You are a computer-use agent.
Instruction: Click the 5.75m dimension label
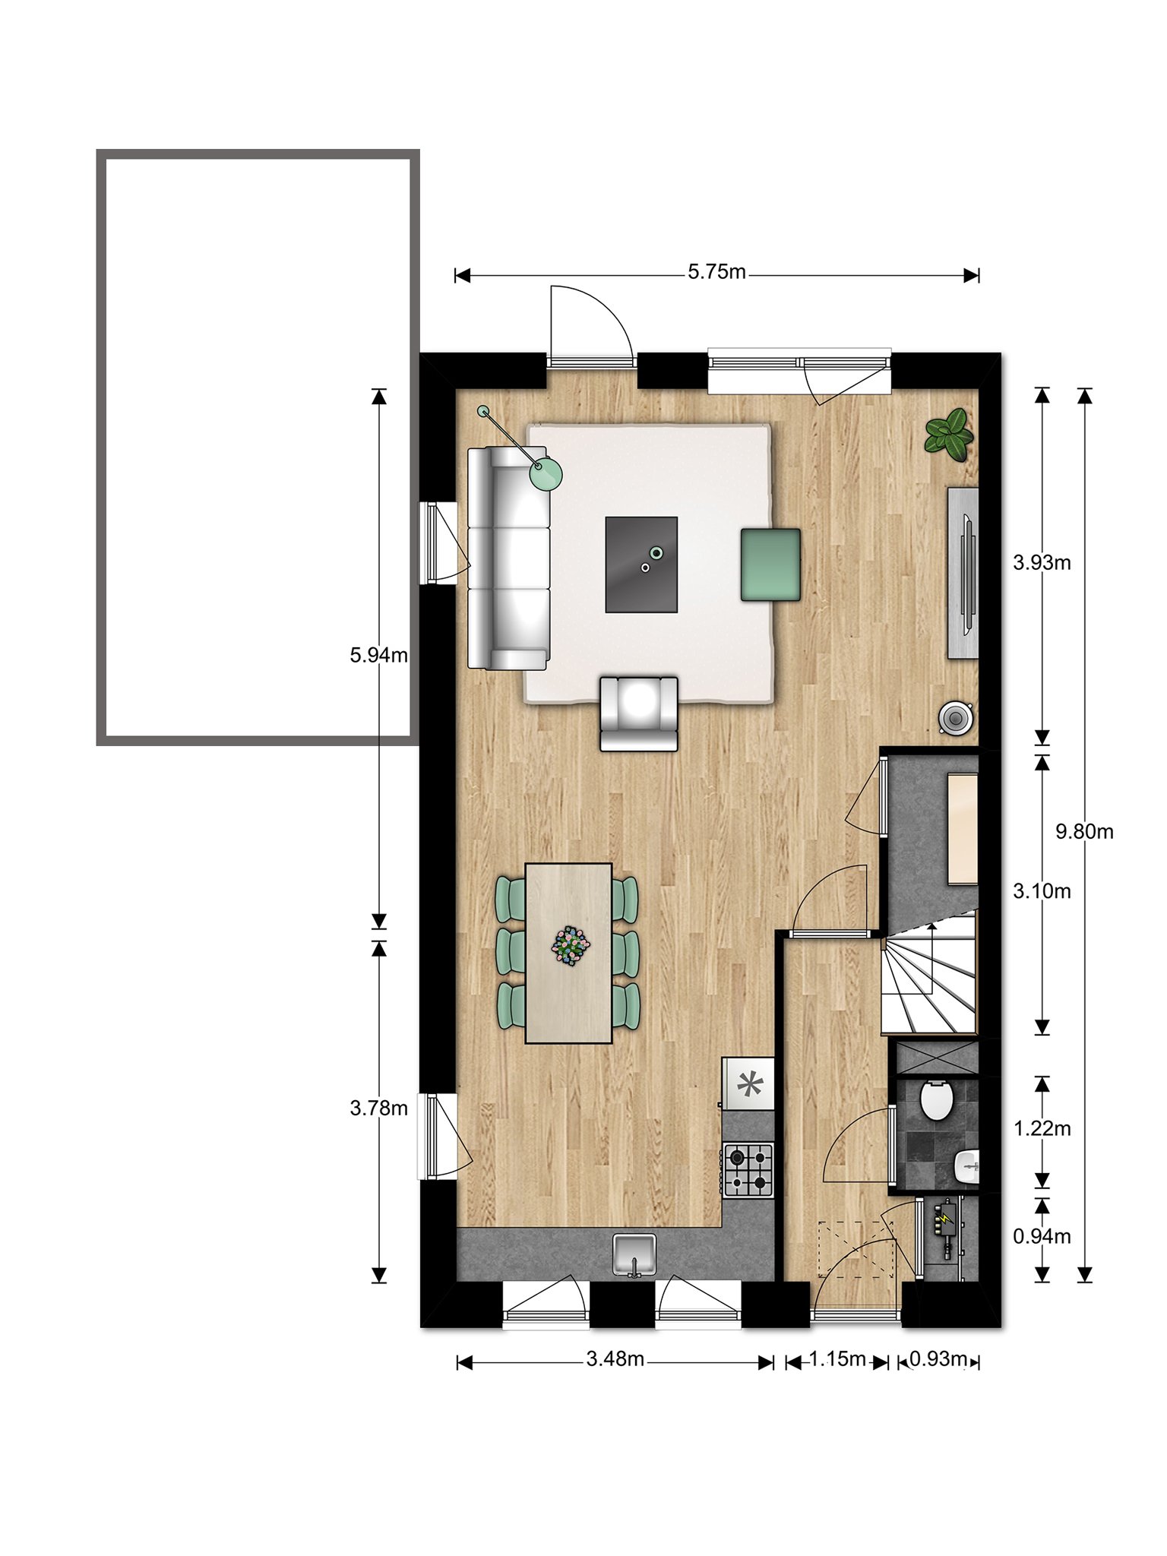(716, 271)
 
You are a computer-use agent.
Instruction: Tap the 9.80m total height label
(1084, 831)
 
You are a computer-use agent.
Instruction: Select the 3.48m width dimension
(615, 1358)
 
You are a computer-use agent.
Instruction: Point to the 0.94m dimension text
(1042, 1236)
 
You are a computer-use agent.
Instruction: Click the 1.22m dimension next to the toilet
(1042, 1128)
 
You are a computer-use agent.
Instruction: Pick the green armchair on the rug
(770, 565)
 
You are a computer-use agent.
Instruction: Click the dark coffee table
(641, 565)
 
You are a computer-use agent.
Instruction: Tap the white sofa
(508, 558)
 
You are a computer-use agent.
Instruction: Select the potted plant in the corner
(949, 434)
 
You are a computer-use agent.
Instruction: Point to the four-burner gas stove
(748, 1170)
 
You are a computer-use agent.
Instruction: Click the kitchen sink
(634, 1254)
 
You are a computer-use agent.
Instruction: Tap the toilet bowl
(936, 1099)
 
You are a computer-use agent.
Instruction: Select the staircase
(928, 975)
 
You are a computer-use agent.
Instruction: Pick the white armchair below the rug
(639, 714)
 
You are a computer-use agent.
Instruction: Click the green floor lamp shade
(546, 474)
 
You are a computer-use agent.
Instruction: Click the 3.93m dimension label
(1042, 562)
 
